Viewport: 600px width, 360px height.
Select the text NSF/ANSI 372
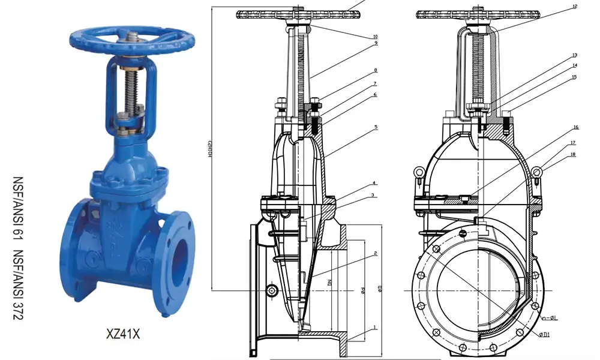pos(17,288)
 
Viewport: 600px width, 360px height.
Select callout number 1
pos(375,328)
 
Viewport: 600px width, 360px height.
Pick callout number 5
pos(375,127)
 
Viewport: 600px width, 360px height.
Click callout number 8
pos(375,70)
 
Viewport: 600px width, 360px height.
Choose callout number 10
pos(375,36)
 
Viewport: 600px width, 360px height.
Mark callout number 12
pos(574,7)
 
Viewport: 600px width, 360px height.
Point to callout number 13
pos(574,55)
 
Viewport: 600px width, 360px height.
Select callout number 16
pos(574,127)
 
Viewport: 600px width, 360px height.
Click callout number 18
pos(574,155)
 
